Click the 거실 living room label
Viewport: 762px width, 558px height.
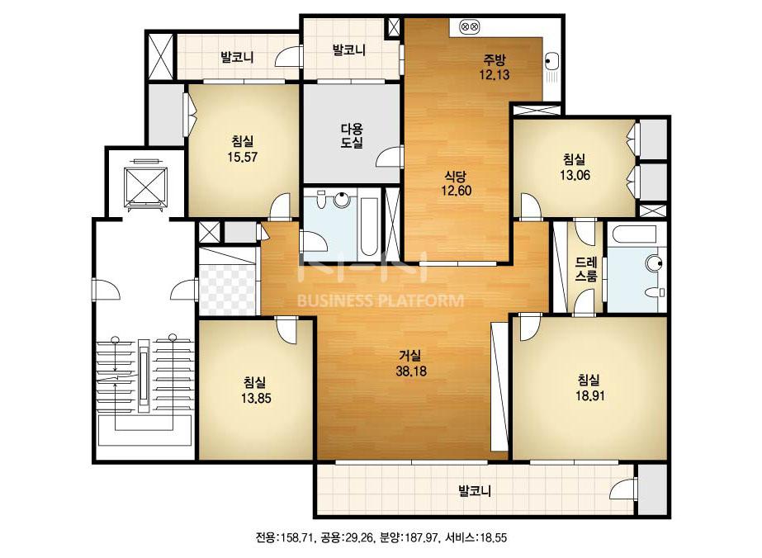coord(411,356)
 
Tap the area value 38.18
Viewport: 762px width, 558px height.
coord(411,371)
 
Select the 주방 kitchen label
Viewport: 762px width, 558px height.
coord(495,59)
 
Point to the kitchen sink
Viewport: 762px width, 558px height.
coord(551,63)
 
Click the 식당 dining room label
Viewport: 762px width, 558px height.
coord(457,176)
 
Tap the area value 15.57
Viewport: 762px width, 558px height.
coord(243,157)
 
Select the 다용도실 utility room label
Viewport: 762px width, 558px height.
coord(352,135)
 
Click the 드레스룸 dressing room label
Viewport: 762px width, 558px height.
coord(585,269)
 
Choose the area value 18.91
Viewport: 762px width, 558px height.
coord(590,395)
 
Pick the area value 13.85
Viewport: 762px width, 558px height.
coord(256,399)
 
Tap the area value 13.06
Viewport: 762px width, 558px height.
coord(575,175)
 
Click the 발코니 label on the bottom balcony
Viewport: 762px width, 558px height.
coord(475,491)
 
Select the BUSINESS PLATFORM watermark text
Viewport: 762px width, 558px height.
coord(380,300)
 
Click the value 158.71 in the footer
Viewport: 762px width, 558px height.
coord(297,537)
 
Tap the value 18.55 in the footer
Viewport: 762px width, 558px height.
coord(493,537)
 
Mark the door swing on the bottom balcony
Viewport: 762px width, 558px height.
coord(623,489)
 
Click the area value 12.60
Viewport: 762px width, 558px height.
coord(457,191)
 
